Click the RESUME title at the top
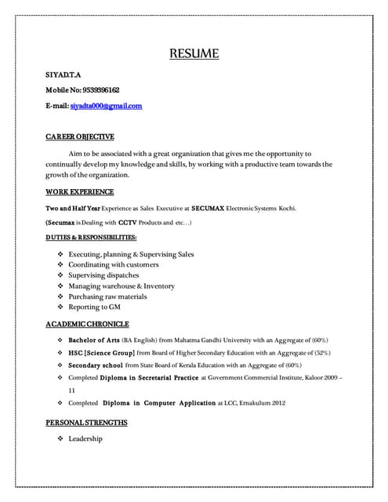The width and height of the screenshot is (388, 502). [x=194, y=54]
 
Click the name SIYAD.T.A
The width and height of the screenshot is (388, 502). [x=63, y=75]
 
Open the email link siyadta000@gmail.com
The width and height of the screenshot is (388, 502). [x=106, y=106]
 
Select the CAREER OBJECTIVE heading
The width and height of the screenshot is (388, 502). [x=80, y=136]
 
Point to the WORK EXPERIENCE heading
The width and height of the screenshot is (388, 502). [x=80, y=191]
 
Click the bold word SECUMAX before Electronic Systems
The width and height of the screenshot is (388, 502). [x=208, y=208]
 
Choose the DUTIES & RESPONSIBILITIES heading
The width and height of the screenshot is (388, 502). [x=91, y=238]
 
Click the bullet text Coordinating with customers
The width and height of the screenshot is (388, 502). [x=114, y=265]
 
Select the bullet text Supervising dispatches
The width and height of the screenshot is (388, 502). [x=103, y=275]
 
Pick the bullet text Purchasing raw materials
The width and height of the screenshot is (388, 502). [x=107, y=297]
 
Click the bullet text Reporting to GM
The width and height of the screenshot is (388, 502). [x=94, y=308]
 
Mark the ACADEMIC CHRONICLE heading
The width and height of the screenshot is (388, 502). [x=87, y=324]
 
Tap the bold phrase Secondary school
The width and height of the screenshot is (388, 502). [x=95, y=366]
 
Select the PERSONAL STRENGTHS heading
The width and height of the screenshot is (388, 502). [x=86, y=423]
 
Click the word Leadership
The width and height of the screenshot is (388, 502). [x=85, y=438]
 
